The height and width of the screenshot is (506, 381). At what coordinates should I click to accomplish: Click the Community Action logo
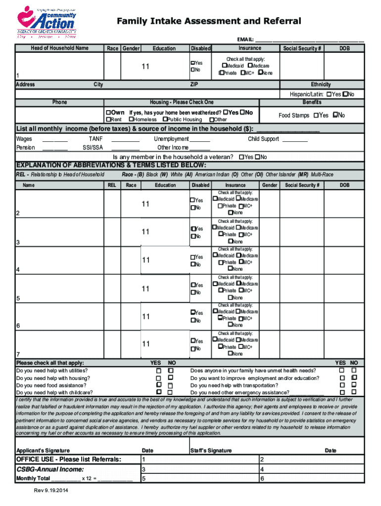tap(47, 20)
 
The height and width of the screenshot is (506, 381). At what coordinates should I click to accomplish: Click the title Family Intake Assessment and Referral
tap(208, 21)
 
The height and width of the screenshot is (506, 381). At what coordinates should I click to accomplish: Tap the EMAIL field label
tap(245, 40)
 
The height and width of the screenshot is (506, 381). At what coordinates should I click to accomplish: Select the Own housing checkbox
tap(108, 113)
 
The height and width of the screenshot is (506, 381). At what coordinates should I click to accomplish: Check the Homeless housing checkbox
tap(131, 120)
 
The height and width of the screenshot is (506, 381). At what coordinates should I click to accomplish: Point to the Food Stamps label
tap(294, 116)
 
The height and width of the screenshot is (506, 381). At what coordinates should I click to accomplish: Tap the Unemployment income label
tap(171, 139)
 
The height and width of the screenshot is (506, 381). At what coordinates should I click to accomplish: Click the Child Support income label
tap(263, 139)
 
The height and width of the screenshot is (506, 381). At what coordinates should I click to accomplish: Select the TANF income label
tap(95, 139)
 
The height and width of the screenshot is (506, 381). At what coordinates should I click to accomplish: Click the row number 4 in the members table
tap(18, 270)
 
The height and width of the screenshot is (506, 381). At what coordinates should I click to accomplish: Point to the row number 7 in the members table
tap(18, 354)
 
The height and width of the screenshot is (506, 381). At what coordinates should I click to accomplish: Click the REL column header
tap(112, 185)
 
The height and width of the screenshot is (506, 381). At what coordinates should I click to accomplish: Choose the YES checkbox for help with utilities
tap(159, 370)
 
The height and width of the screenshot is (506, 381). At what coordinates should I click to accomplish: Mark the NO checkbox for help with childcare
tap(171, 392)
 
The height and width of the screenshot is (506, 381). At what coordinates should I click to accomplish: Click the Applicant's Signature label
tap(43, 451)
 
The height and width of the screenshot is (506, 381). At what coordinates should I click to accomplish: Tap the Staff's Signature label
tap(211, 451)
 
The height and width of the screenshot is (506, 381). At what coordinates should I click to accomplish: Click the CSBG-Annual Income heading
tap(50, 469)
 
